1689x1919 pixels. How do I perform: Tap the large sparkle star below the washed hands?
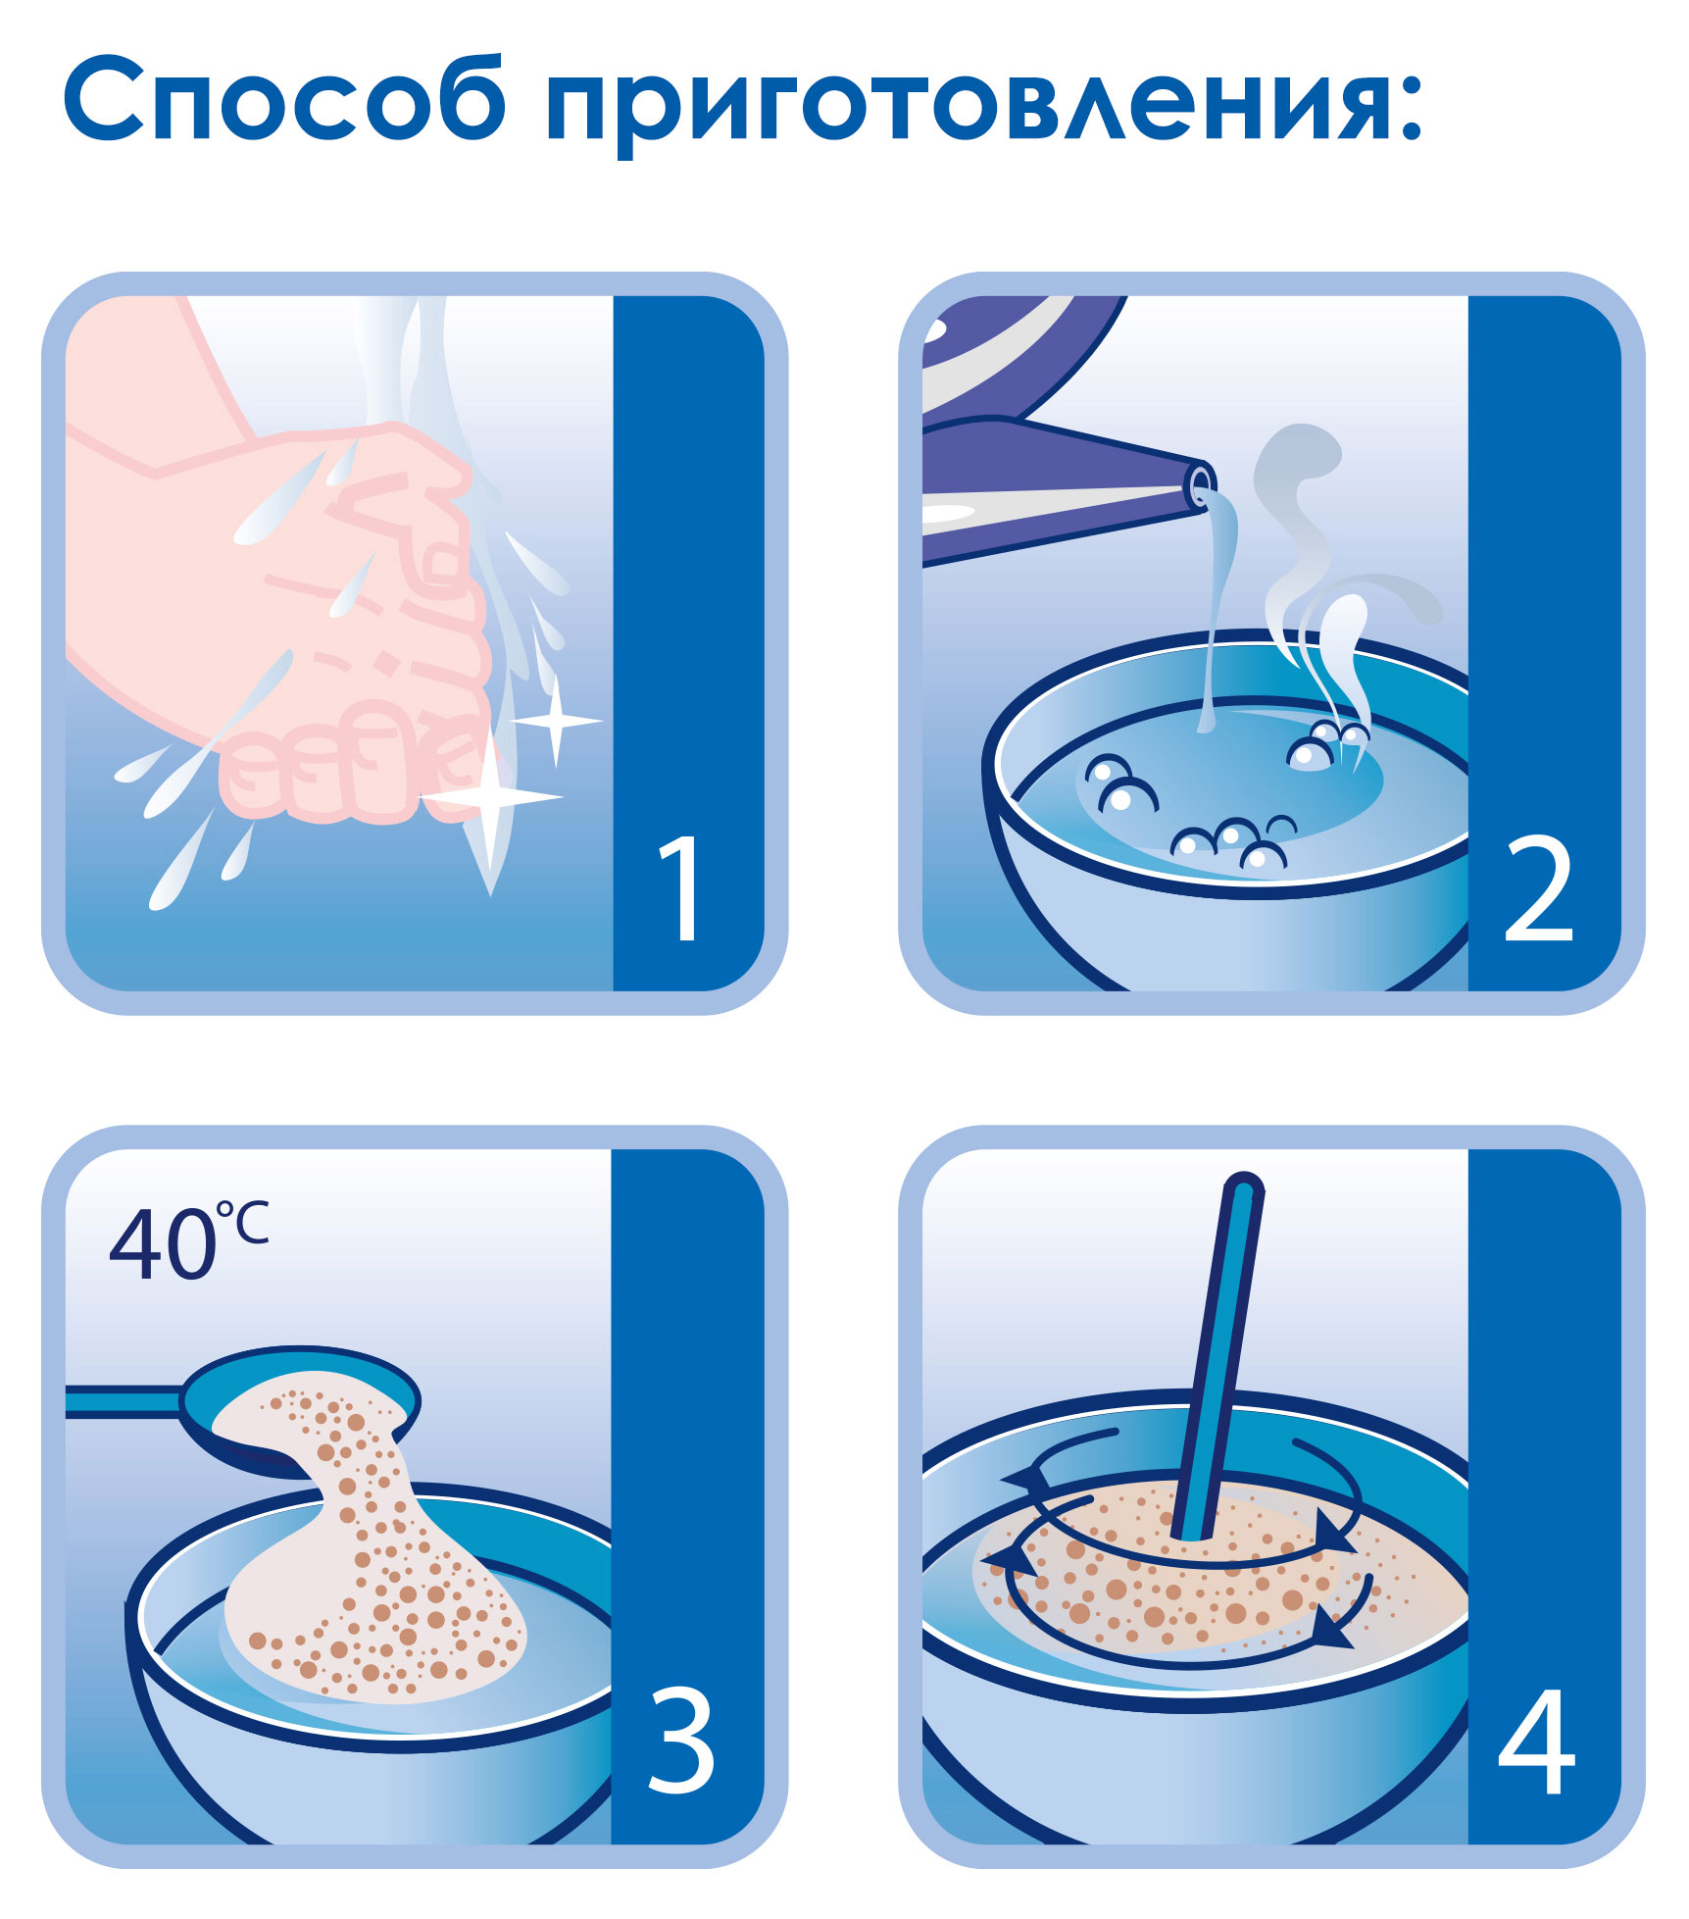point(491,797)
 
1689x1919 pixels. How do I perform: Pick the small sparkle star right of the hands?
point(556,721)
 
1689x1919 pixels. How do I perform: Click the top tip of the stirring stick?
point(1243,1185)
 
